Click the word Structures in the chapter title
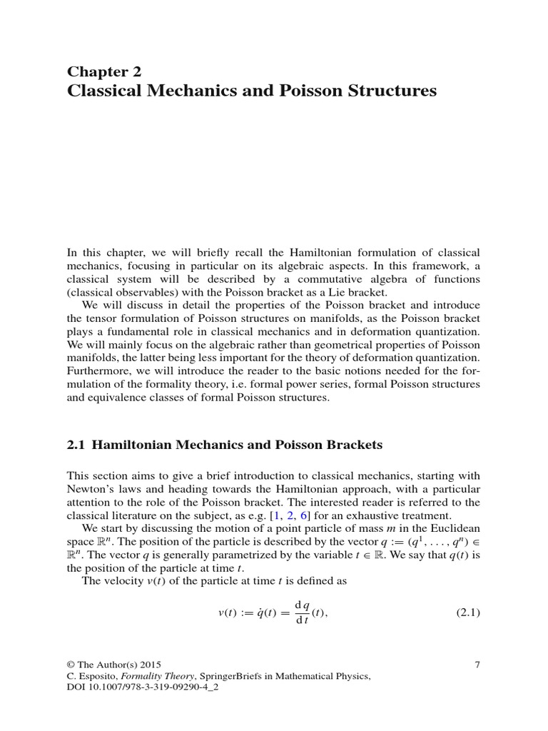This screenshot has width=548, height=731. point(385,91)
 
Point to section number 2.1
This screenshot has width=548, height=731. point(76,445)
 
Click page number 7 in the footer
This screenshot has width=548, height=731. point(477,665)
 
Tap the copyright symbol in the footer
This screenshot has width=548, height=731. point(71,665)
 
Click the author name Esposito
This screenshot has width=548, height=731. point(98,676)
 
